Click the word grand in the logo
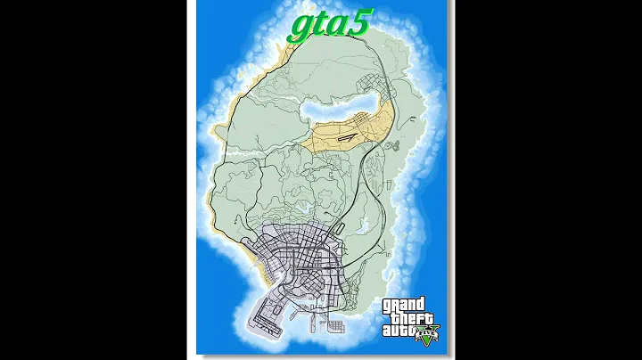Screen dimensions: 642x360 click(x=406, y=305)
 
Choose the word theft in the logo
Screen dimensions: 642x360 click(x=406, y=318)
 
